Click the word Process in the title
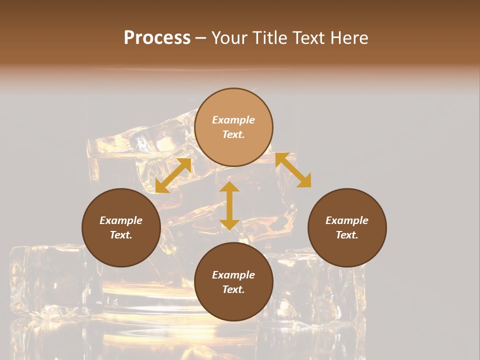point(157,38)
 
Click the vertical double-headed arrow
point(229,205)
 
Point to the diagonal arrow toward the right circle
point(293,170)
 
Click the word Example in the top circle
point(233,120)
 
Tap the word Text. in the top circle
point(233,134)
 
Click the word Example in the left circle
point(121,220)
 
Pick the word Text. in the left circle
point(121,235)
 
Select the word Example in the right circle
point(347,220)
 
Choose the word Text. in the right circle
point(347,235)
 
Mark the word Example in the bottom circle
point(233,275)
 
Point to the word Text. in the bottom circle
point(233,289)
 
